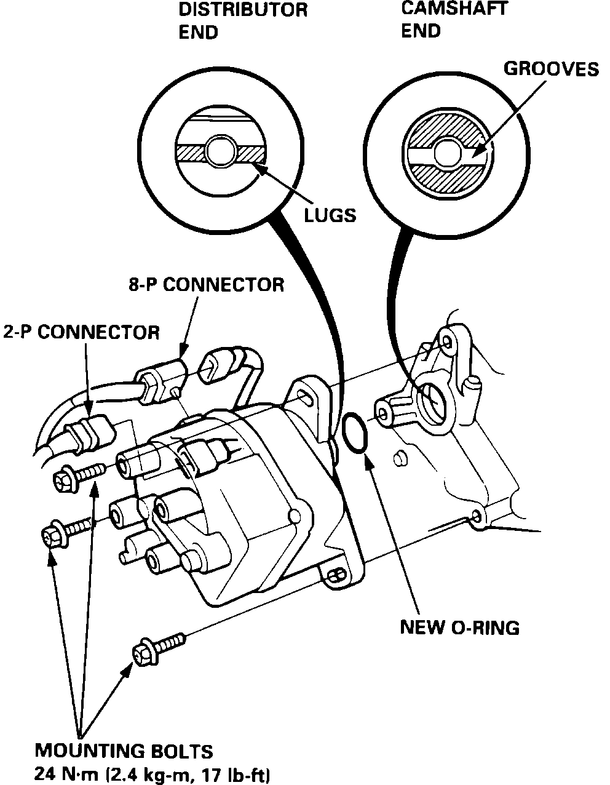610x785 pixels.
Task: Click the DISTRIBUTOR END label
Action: [243, 20]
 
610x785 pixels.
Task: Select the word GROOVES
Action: [551, 69]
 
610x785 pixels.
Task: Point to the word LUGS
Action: [330, 215]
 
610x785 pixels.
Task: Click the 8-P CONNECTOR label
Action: [206, 285]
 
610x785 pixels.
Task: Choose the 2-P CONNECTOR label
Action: [81, 332]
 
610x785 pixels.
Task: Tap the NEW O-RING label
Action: [460, 628]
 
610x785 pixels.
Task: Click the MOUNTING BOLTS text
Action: [124, 751]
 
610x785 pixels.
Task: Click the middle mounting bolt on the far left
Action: [65, 532]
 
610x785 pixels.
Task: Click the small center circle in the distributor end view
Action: [221, 150]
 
